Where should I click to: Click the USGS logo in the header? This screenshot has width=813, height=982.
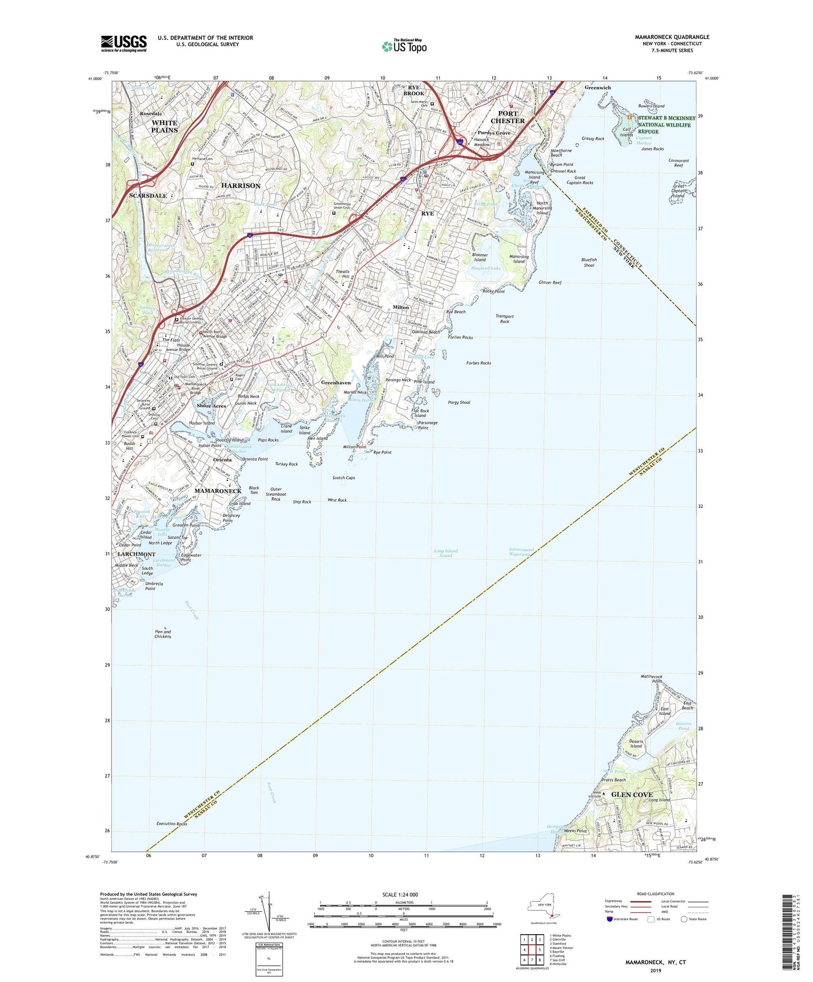124,43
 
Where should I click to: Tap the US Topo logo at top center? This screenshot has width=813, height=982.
404,46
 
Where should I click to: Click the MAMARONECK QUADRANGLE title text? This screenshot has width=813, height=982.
672,37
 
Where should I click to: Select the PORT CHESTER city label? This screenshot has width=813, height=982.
507,117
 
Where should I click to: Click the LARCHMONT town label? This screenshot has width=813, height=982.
136,554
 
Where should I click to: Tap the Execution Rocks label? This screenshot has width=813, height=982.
172,823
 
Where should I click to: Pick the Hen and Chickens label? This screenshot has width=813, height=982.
163,634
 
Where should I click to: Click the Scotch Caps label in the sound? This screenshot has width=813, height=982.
343,478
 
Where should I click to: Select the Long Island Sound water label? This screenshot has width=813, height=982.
446,553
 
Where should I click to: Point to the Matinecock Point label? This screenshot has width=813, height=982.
651,678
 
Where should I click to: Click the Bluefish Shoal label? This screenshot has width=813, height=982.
589,262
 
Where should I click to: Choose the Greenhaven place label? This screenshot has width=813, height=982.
336,382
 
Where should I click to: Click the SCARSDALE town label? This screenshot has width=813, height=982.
148,196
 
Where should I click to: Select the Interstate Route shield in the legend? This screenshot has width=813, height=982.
610,920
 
